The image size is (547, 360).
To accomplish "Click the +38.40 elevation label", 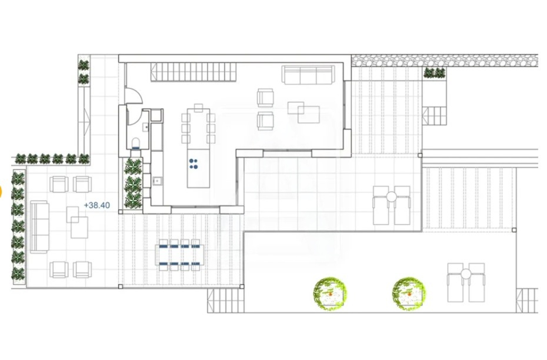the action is click(x=97, y=205).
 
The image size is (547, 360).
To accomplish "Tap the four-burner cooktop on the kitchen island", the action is click(x=194, y=164).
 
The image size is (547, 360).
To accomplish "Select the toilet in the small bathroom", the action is click(x=136, y=144).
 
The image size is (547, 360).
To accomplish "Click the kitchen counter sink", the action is click(x=157, y=181).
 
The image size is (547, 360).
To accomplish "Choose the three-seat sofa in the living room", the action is click(x=308, y=75).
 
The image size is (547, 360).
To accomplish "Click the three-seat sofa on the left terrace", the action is click(x=39, y=226).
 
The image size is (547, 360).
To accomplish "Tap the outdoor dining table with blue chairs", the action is click(x=179, y=255).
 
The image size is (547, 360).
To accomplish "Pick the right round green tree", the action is click(x=409, y=294).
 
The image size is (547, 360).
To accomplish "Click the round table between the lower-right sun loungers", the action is click(x=466, y=274).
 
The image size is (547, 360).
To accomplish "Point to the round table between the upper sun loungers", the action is click(x=391, y=197).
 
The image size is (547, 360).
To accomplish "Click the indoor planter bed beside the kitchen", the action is click(x=134, y=184).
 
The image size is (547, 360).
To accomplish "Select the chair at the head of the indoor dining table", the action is click(x=198, y=108).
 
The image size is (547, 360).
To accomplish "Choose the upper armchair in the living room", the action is click(x=265, y=98).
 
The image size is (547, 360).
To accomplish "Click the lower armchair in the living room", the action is click(x=265, y=121).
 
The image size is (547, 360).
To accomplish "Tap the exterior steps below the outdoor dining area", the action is click(x=226, y=301).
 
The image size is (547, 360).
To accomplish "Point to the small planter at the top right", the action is click(x=434, y=73).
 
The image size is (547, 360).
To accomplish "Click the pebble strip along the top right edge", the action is click(x=445, y=61).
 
